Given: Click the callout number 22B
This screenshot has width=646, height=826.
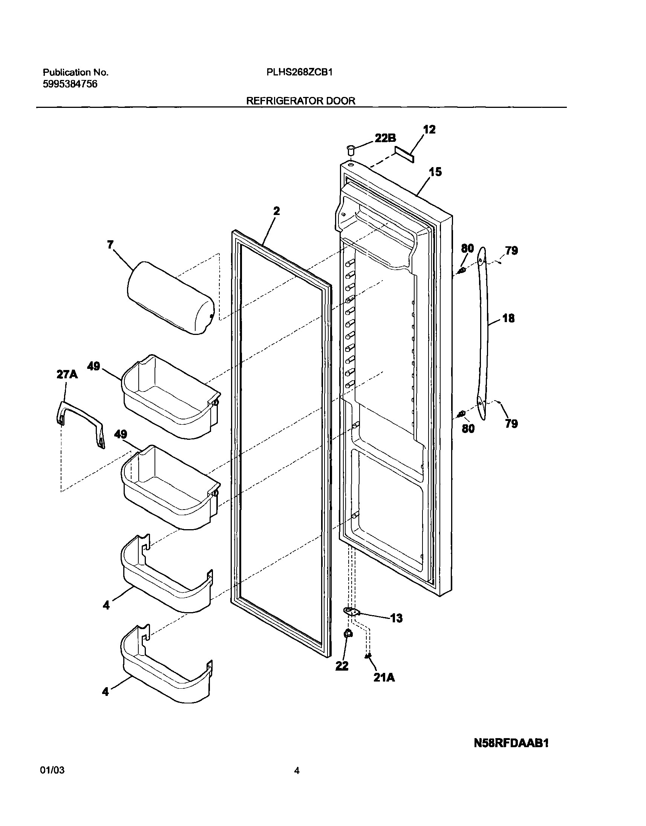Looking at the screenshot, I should click(x=385, y=138).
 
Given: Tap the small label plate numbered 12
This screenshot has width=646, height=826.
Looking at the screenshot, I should click(x=404, y=155).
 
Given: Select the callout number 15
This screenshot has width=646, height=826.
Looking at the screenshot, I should click(x=435, y=172).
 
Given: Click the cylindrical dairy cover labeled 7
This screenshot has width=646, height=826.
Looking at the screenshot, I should click(x=171, y=298).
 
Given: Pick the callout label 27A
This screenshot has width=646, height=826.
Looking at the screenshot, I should click(x=67, y=375).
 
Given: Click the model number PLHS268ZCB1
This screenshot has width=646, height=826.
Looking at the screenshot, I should click(x=299, y=72).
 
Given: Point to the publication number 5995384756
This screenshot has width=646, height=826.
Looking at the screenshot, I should click(x=70, y=84).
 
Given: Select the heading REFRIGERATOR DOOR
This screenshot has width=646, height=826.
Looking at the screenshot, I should click(x=301, y=101).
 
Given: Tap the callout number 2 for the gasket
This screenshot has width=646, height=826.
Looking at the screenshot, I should click(x=277, y=211).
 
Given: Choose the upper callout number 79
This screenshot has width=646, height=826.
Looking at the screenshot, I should click(x=511, y=250).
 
